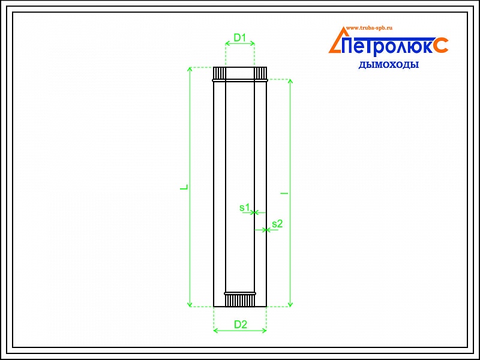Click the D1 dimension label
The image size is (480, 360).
pos(239,38)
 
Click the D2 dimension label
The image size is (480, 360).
pos(241,324)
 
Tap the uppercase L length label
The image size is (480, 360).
pos(184,187)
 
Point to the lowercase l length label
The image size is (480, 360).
pos(284,193)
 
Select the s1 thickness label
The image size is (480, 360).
pos(245,208)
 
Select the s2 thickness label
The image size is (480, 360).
pos(277,224)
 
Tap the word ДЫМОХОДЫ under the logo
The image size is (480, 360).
pos(388,65)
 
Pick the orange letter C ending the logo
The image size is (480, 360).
pos(441,45)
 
